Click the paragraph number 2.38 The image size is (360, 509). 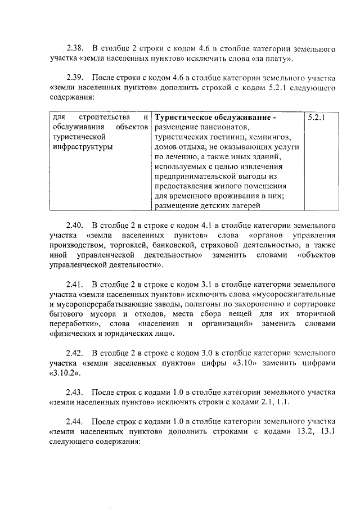[74, 47]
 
